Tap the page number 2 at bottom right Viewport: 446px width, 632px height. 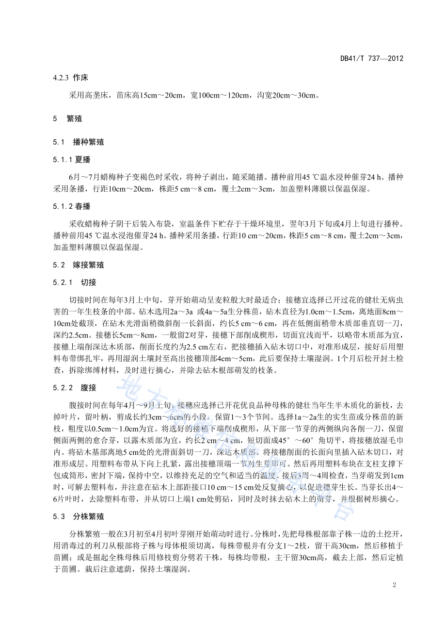coord(394,584)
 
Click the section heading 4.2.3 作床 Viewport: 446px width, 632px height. coord(70,77)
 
